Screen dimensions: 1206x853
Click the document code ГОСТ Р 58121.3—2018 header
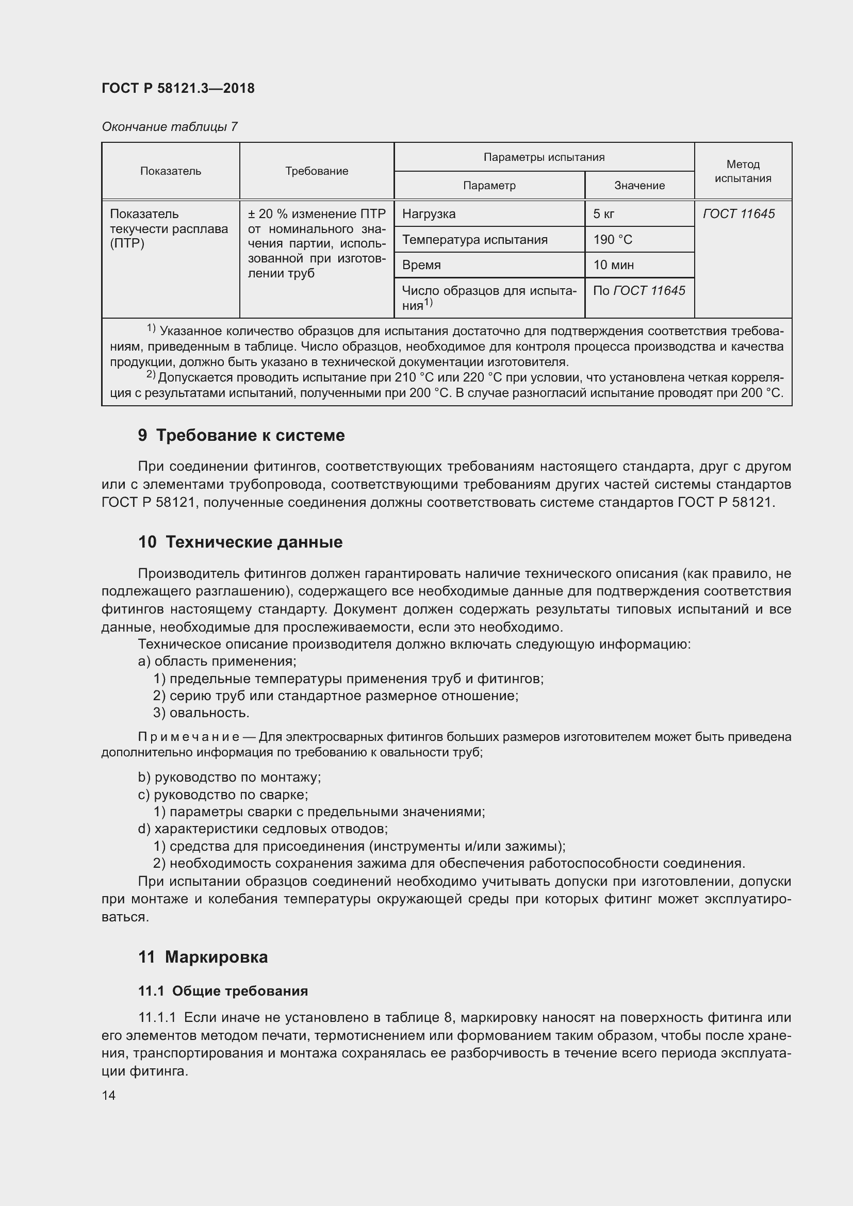[x=178, y=88]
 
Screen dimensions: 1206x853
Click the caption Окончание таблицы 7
[x=170, y=127]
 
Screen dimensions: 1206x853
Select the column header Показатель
[x=171, y=171]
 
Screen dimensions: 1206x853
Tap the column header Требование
[x=317, y=171]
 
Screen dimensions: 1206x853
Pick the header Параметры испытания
[x=544, y=157]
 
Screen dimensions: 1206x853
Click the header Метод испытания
[x=743, y=171]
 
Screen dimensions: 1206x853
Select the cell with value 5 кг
[x=603, y=214]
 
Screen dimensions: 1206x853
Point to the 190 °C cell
[x=613, y=240]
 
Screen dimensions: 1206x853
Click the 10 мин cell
[x=613, y=265]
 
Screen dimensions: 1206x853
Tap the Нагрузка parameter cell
[x=429, y=214]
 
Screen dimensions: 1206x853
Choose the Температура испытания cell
[x=474, y=240]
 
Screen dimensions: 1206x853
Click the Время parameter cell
[x=421, y=265]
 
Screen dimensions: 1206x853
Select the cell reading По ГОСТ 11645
[x=638, y=290]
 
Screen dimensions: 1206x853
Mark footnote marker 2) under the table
[x=151, y=374]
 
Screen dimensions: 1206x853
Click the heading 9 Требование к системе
[x=241, y=436]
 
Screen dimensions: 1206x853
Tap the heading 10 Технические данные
[x=240, y=542]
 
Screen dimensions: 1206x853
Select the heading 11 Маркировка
[x=203, y=957]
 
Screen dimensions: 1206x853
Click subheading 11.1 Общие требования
[x=223, y=991]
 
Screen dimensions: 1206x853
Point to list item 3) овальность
[x=201, y=713]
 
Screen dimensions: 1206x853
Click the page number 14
[x=109, y=1095]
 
